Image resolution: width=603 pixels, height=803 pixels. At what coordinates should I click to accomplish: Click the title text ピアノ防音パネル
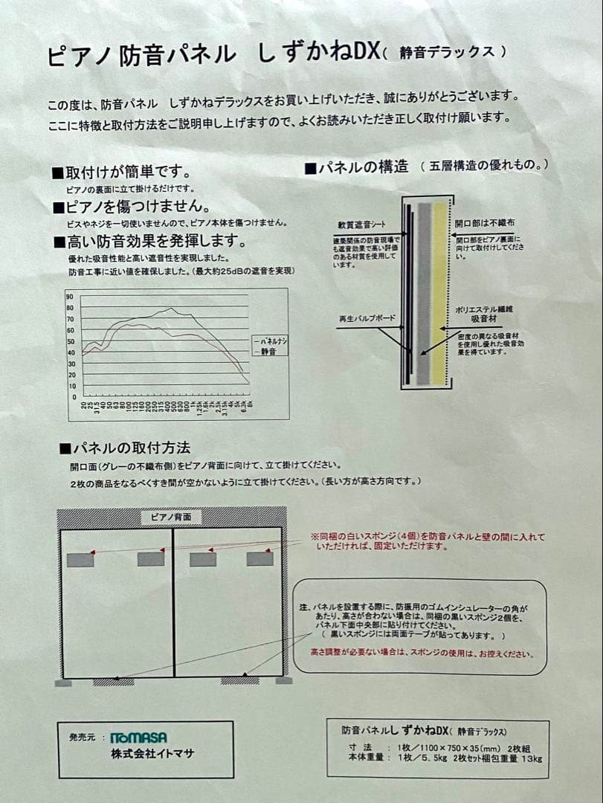141,57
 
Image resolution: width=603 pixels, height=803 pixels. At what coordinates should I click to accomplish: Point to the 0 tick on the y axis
74,397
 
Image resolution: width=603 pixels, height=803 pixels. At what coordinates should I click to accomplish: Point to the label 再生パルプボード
366,319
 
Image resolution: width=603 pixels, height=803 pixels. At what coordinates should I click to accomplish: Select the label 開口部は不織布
485,223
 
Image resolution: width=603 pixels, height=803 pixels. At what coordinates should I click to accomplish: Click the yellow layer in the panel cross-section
440,290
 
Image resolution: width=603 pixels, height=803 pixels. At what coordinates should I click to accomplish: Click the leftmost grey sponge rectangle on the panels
80,560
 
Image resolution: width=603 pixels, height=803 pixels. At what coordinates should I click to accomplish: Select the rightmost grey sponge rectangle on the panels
259,558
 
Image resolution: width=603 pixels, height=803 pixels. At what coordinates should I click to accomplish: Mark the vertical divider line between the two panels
174,602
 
